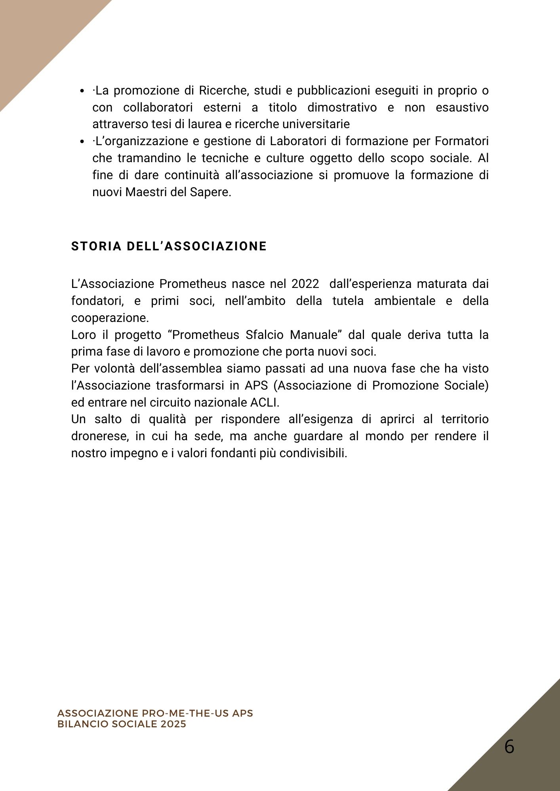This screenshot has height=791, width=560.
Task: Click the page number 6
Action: (x=509, y=747)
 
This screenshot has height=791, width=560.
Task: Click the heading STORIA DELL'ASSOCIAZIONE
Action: (x=169, y=246)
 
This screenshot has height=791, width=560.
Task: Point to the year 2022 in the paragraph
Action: (x=305, y=284)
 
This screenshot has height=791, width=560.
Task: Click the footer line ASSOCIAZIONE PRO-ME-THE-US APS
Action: (x=155, y=713)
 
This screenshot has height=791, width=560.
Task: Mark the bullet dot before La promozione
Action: (x=82, y=91)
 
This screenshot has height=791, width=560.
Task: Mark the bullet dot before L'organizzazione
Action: (x=82, y=142)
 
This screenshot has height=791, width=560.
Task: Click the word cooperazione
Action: (x=110, y=318)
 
